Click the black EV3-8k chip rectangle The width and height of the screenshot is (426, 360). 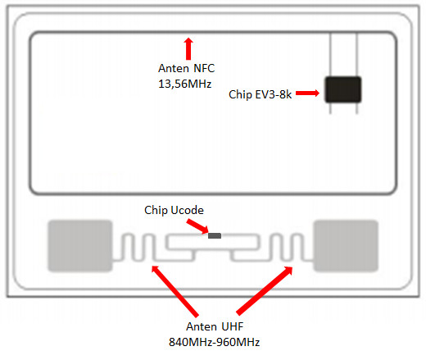point(343,89)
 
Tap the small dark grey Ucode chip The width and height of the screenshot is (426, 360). point(215,235)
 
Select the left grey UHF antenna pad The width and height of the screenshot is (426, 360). point(80,246)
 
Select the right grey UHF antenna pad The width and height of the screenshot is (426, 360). point(346,246)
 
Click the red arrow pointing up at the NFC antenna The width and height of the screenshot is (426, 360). point(188,48)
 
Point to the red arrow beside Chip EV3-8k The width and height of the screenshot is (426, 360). point(307,93)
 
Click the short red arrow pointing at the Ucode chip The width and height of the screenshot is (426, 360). point(197,227)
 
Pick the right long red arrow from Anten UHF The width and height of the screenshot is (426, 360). point(265,290)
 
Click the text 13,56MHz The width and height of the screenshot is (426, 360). point(185,84)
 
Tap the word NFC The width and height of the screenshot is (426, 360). point(204,68)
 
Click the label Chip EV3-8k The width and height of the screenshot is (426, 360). point(260,94)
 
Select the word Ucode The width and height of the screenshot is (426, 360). point(187,210)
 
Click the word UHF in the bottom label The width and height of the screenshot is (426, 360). point(232,326)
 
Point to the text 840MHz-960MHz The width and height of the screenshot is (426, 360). point(215,342)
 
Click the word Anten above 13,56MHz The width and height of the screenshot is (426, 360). point(174,68)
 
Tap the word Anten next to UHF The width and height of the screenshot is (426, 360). point(202,326)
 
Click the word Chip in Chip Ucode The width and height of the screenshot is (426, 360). point(156,211)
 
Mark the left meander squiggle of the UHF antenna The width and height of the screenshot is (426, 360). point(133,247)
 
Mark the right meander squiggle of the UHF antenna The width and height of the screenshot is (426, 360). point(292,247)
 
